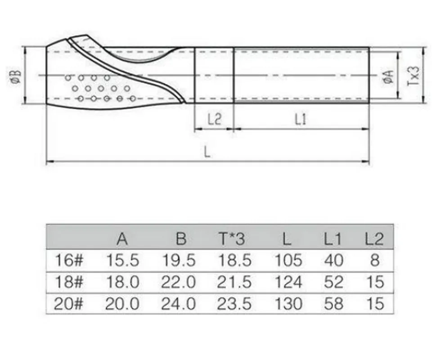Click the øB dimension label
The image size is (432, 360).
pos(16,76)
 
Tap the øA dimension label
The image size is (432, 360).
pos(389,76)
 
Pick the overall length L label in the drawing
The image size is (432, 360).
pos(207,152)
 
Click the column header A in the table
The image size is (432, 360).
pos(122,239)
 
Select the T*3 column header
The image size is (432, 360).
pos(232,239)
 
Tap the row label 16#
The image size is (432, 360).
pos(69,260)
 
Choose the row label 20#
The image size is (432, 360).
pos(68,304)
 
